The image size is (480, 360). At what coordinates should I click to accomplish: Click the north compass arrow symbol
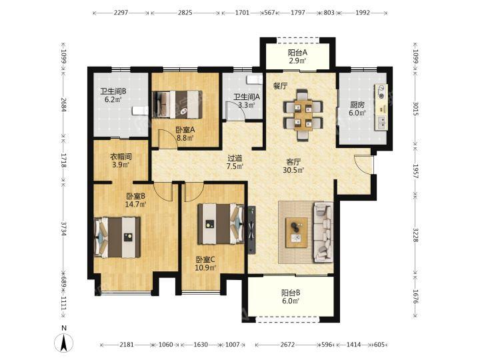(64, 342)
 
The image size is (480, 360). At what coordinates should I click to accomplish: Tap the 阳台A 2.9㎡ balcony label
(297, 57)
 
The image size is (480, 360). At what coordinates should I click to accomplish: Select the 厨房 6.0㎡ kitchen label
(357, 109)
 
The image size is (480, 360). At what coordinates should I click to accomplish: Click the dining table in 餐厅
(303, 115)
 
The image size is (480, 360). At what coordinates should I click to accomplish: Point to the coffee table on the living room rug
(296, 233)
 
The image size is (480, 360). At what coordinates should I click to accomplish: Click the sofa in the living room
(323, 233)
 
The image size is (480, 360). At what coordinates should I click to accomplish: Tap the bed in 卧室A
(177, 105)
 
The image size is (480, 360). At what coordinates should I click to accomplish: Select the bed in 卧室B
(117, 237)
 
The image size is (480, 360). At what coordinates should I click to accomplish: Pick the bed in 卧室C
(221, 224)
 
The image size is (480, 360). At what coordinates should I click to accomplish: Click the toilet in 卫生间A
(255, 79)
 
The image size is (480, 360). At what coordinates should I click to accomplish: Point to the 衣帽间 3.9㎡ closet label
(121, 161)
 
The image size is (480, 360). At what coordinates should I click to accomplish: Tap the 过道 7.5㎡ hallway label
(235, 163)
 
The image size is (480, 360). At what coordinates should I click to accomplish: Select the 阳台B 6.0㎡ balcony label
(291, 297)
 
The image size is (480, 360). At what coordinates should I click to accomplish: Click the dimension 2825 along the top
(185, 13)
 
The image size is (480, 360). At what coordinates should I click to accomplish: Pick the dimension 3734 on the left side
(64, 229)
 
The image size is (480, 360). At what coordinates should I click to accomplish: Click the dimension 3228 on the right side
(415, 235)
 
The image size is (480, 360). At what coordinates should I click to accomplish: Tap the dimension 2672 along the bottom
(287, 345)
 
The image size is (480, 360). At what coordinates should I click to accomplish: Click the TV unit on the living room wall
(251, 230)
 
